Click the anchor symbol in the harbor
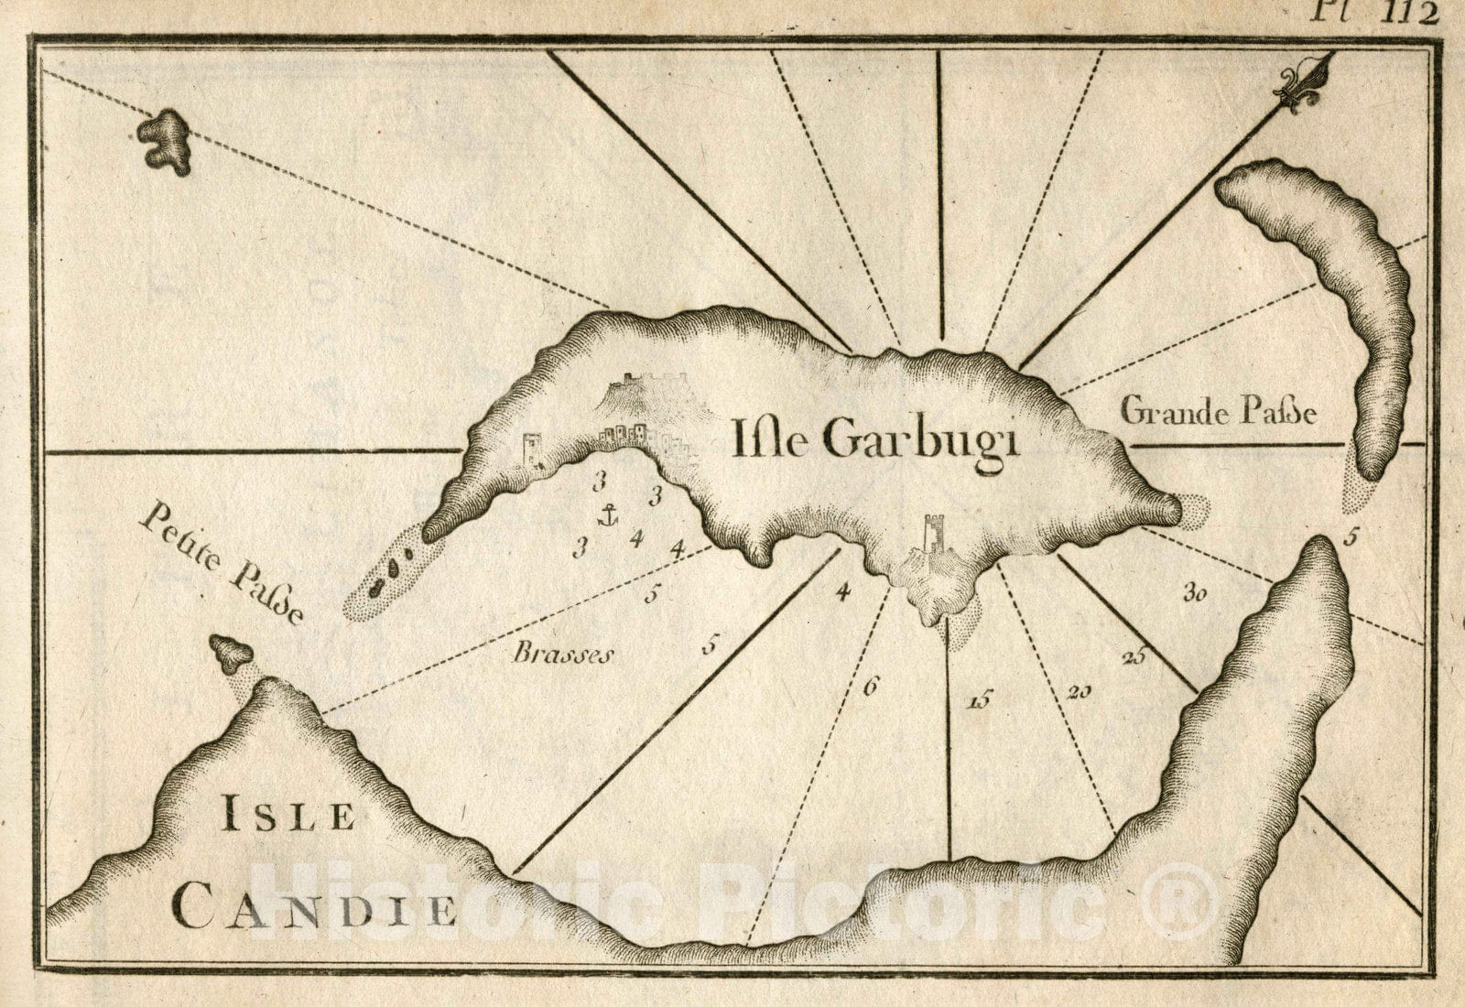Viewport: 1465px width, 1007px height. (x=606, y=515)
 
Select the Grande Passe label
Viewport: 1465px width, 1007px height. (x=1219, y=413)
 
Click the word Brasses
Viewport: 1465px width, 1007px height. (x=561, y=654)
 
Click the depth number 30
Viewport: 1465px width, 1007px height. (x=1193, y=593)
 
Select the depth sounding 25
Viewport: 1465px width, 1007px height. (x=1134, y=655)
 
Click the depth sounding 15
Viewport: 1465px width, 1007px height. (x=978, y=702)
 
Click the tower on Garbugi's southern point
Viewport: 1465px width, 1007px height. (x=932, y=540)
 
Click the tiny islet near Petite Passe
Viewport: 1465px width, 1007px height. (x=231, y=652)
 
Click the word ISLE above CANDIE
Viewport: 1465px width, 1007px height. (x=288, y=816)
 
